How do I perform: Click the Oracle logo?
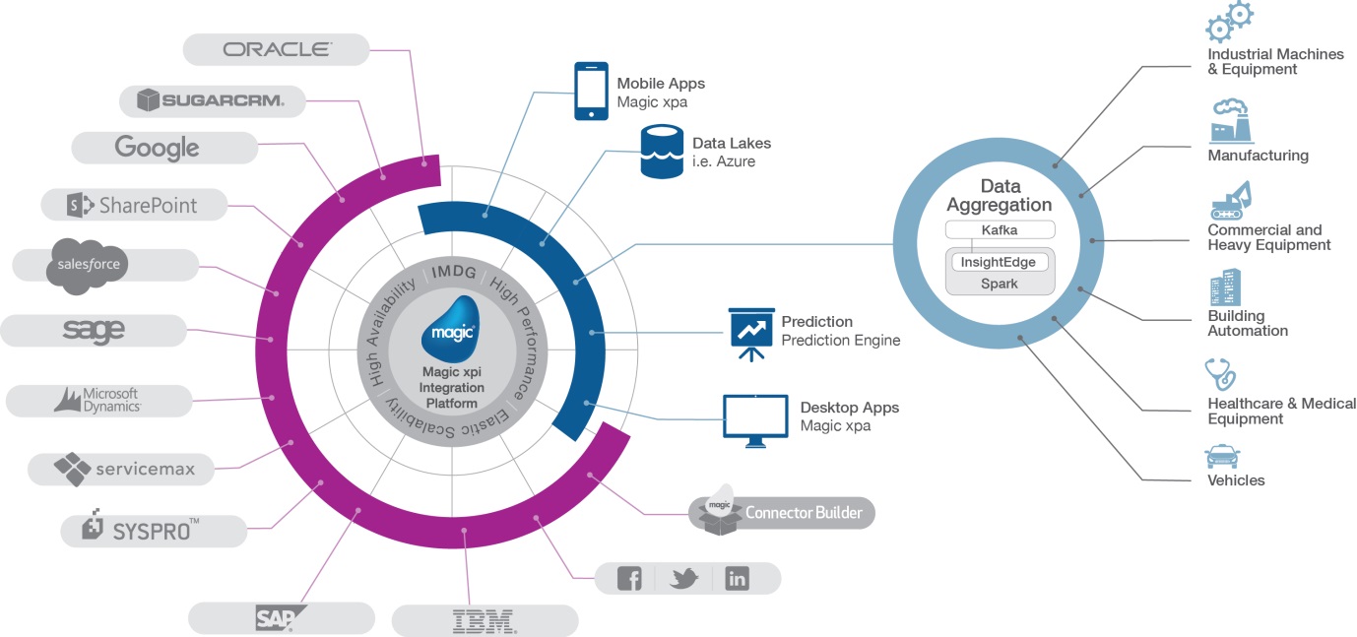tap(277, 49)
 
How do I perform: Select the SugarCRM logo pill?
tap(212, 100)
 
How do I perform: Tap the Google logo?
tap(157, 147)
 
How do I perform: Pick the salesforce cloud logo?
tap(88, 266)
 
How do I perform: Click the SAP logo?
tap(281, 618)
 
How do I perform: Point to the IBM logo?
tap(485, 621)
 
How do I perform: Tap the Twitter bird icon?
tap(683, 578)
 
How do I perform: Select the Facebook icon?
tap(629, 578)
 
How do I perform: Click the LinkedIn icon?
tap(737, 578)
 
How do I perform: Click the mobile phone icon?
tap(591, 91)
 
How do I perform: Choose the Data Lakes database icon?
tap(662, 152)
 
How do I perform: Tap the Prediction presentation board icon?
tap(751, 334)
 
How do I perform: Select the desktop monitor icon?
tap(755, 420)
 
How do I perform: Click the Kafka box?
tap(1000, 230)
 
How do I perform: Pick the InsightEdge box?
tap(998, 262)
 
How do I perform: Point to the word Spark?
tap(999, 284)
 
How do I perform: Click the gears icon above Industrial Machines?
tap(1229, 22)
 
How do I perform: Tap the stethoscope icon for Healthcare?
tap(1219, 374)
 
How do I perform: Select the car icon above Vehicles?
tap(1222, 457)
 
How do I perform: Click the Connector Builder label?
tap(804, 513)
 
